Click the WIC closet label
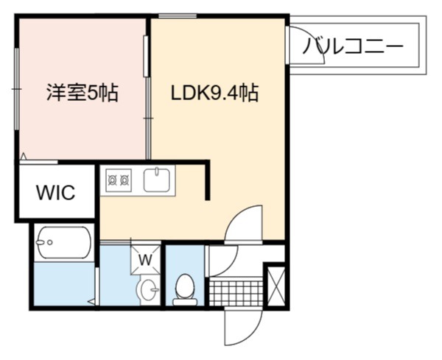point(56,192)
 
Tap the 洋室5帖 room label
point(83,93)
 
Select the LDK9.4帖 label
point(215,93)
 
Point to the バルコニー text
point(353,46)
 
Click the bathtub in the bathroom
point(64,242)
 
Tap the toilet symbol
point(185,289)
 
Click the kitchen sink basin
point(157,180)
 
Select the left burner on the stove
point(113,180)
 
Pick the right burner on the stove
point(124,180)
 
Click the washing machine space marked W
point(145,259)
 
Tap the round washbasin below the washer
point(148,290)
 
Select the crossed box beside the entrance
point(276,286)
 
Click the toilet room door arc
point(229,267)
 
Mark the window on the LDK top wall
point(178,16)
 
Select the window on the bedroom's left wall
point(17,89)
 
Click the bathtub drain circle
point(50,242)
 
